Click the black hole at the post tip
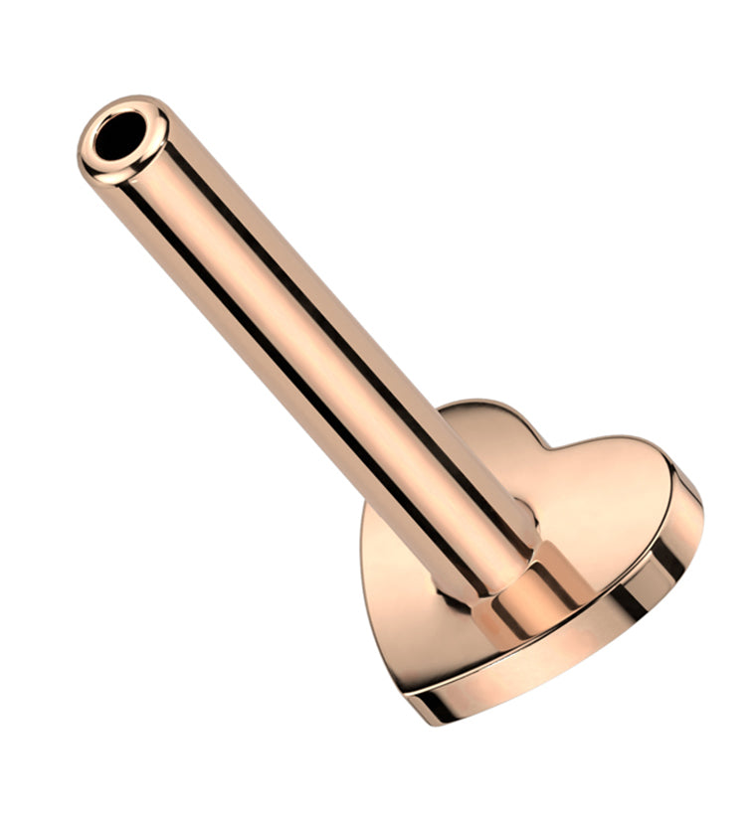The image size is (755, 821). click(120, 136)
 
